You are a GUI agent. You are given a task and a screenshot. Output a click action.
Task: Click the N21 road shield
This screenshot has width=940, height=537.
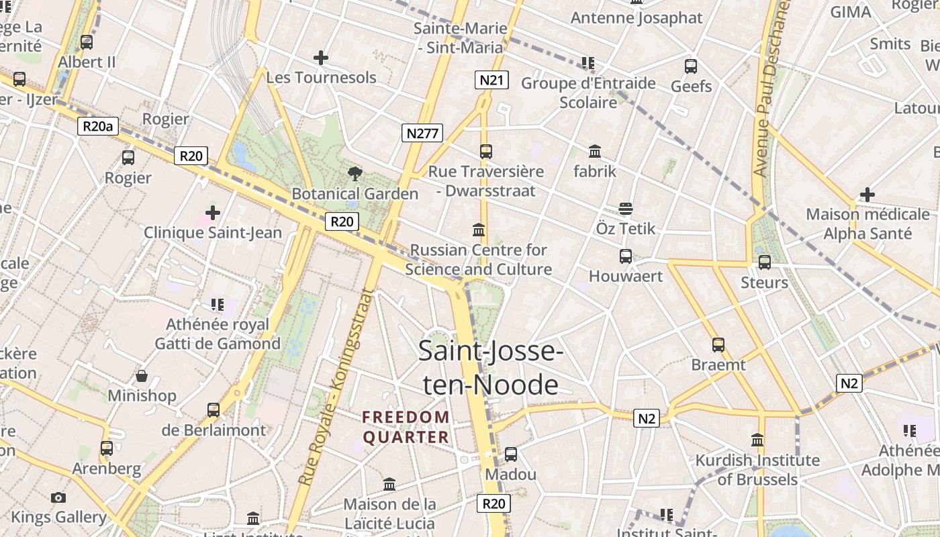point(491,81)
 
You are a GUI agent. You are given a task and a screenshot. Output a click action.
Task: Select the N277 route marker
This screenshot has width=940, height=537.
point(422,133)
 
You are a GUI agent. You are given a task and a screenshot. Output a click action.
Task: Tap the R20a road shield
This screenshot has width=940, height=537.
point(98,126)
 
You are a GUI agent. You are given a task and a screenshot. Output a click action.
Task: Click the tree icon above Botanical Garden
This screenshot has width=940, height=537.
point(355,174)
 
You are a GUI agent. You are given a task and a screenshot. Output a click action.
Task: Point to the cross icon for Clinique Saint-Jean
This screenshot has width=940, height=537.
point(213,213)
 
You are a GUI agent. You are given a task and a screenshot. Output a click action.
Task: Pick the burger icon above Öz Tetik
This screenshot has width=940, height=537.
point(626,209)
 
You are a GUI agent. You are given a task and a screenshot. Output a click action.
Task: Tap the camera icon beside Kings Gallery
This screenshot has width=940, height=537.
point(58,497)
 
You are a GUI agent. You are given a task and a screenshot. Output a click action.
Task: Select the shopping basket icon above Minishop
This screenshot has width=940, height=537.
point(142,376)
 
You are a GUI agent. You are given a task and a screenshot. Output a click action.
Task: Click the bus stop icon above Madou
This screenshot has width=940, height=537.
point(510,454)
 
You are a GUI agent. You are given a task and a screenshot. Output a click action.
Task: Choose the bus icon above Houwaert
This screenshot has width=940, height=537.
point(625,256)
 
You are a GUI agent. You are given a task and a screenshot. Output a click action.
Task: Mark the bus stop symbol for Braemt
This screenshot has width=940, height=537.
point(718,345)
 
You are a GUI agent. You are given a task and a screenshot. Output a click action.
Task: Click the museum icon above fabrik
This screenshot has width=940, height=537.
point(595,151)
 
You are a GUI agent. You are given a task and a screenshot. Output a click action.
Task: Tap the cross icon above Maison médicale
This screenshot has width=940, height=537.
point(867,195)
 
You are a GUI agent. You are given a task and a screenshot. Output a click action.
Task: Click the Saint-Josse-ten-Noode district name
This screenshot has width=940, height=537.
point(489,368)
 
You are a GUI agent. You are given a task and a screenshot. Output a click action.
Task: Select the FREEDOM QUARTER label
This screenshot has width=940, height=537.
point(406,428)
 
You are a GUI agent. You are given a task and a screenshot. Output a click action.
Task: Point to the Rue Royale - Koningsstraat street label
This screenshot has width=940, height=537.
point(335,387)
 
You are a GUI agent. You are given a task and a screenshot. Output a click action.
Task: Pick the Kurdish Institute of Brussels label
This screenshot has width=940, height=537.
point(757,470)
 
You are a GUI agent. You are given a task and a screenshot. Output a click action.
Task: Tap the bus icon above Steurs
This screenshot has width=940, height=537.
point(764,262)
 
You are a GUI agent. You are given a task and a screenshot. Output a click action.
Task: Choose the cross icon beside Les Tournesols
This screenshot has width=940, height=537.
point(321,58)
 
